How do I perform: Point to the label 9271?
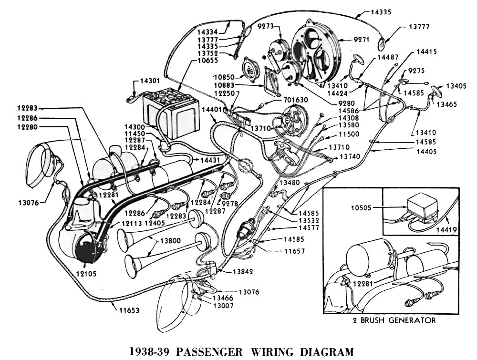362,40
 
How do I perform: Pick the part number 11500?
349,134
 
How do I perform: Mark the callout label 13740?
351,156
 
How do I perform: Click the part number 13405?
456,86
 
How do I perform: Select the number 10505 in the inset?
360,207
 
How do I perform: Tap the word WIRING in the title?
268,352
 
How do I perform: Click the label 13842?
244,271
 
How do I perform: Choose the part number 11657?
295,250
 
